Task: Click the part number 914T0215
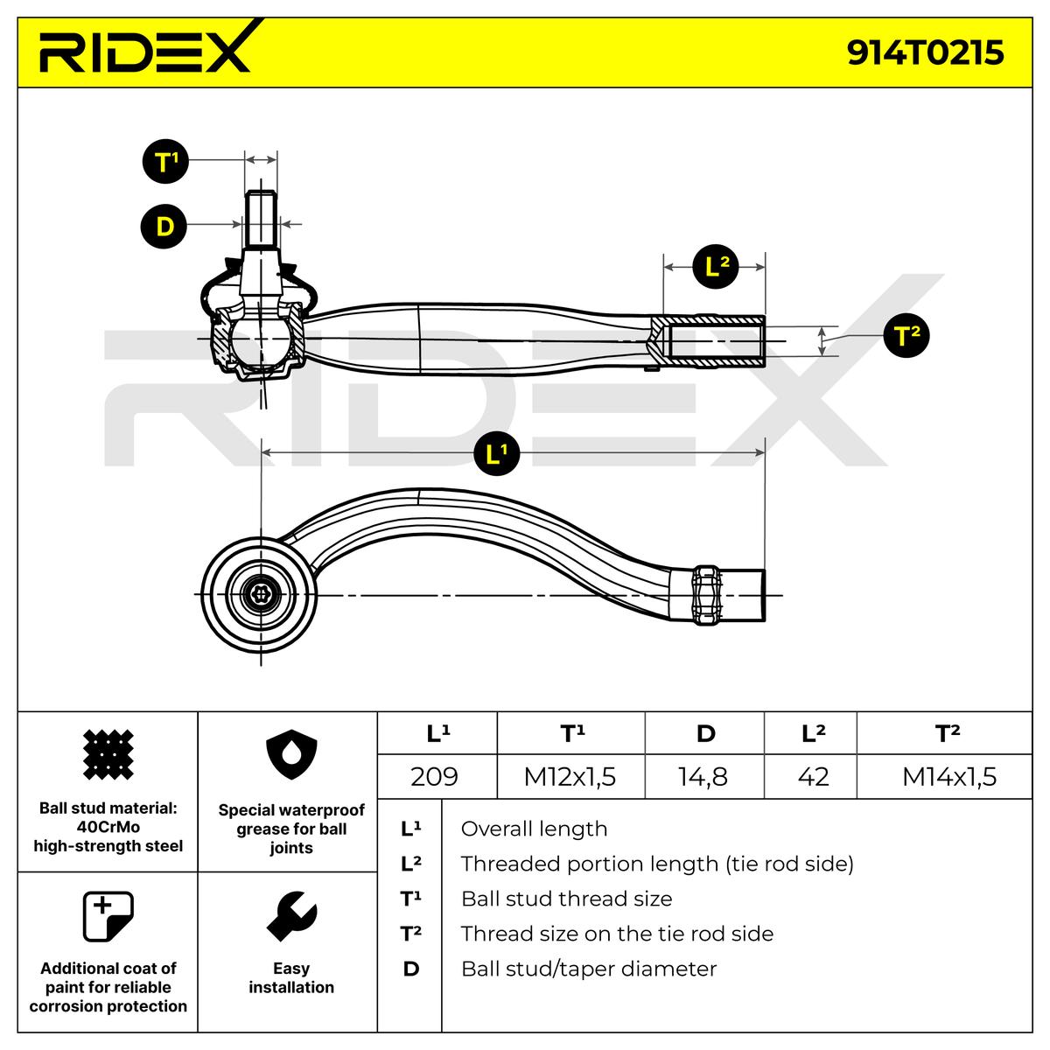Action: pos(925,52)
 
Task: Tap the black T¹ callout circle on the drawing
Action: pos(165,161)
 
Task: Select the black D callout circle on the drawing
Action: pos(164,226)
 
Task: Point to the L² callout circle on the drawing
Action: pos(716,267)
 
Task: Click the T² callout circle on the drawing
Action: pos(906,334)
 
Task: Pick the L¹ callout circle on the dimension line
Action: pos(496,452)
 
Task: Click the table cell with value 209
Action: pos(434,776)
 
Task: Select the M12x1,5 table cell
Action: pos(570,776)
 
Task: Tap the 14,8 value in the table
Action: pos(703,777)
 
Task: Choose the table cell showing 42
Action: pos(813,776)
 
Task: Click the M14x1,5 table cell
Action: pos(949,776)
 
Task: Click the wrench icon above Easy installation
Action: pos(291,916)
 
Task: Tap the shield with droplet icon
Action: pos(291,754)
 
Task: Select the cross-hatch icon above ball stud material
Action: pos(108,754)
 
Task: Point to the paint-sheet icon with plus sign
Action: pos(108,916)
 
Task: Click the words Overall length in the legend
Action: pos(534,829)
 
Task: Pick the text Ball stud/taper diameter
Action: pos(589,969)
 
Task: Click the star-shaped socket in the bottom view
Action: pos(261,594)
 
